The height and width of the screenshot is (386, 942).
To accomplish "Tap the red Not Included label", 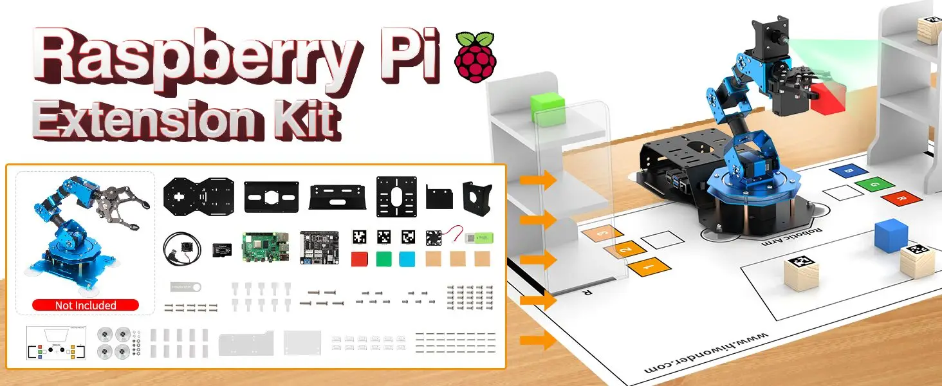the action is click(x=86, y=305).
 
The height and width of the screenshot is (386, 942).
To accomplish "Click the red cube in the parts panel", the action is click(x=360, y=259).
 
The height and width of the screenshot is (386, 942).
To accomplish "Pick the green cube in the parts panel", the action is click(x=383, y=259).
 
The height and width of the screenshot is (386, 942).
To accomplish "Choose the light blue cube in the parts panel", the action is click(x=407, y=259).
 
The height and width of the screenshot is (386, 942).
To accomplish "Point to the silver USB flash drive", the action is click(x=186, y=286).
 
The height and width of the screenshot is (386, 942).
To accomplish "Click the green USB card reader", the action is click(x=479, y=237).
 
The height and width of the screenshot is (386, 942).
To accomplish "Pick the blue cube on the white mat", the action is click(x=891, y=235).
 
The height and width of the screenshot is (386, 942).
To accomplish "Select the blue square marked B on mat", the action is click(x=845, y=171).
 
